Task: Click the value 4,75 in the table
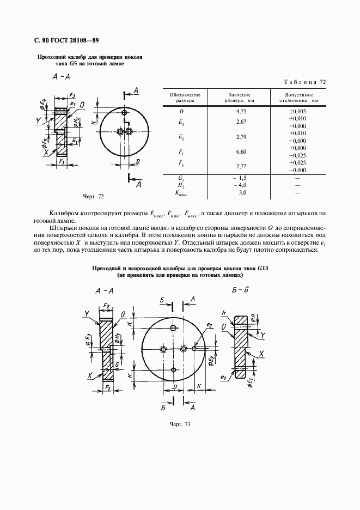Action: [x=242, y=111]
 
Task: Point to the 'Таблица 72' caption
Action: [x=305, y=82]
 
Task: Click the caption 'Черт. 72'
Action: [x=93, y=196]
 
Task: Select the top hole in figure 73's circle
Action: [x=173, y=327]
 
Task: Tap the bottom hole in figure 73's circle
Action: [x=173, y=370]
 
